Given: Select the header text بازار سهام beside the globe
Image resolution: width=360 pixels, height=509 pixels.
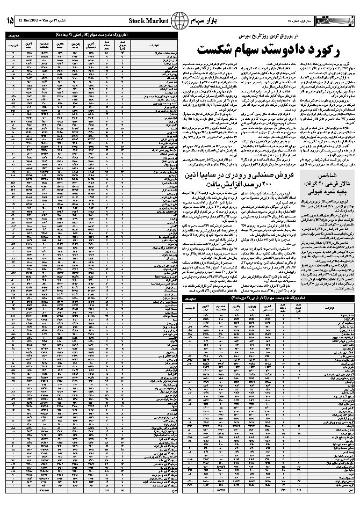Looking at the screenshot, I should tap(203, 20).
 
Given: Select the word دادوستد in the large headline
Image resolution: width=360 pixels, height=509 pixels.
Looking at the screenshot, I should tap(275, 50).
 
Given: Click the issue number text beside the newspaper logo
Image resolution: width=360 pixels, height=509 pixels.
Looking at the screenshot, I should tap(305, 20).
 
